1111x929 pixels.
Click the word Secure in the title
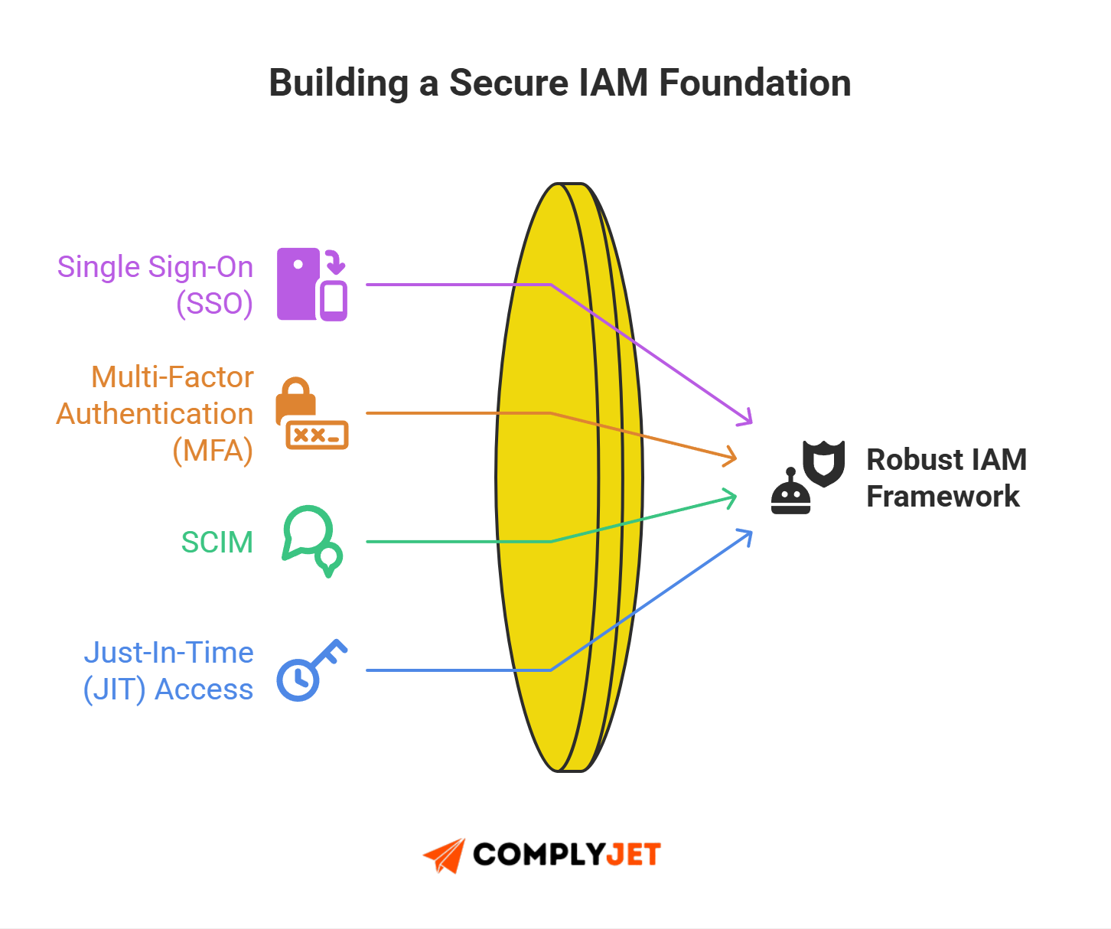tap(509, 83)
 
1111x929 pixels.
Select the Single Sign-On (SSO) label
tap(155, 285)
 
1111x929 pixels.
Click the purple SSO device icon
tap(311, 284)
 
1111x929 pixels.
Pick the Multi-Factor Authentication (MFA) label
tap(155, 413)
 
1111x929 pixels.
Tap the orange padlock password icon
tap(311, 413)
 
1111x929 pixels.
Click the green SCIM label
tap(217, 542)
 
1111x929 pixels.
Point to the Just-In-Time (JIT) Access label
tap(168, 670)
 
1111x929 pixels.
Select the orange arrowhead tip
tap(732, 458)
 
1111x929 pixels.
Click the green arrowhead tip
tap(732, 498)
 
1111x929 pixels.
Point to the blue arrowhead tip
tap(748, 533)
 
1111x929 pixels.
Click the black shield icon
tap(823, 462)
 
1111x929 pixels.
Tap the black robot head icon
tap(790, 494)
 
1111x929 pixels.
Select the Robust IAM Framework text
tap(946, 478)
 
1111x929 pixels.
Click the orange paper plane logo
tap(445, 855)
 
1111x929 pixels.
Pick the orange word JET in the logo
tap(633, 854)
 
